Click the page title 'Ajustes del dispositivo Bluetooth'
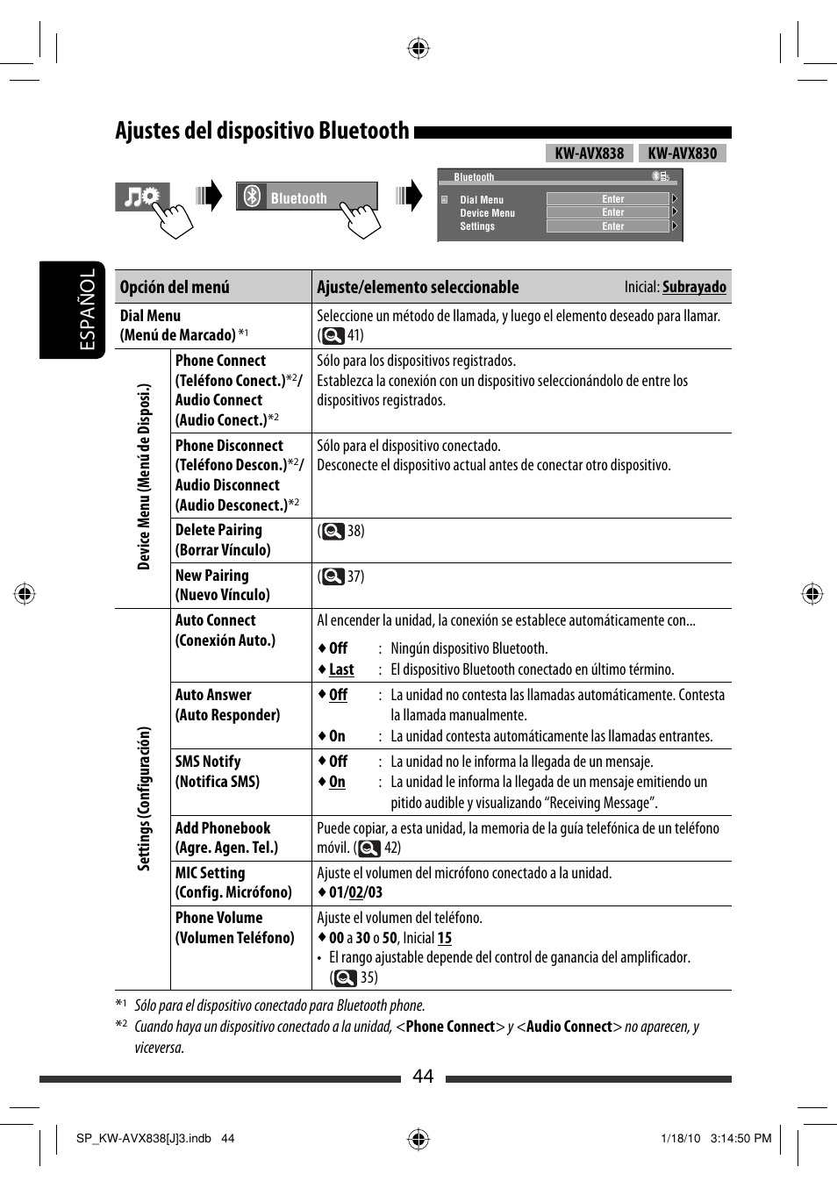pos(261,132)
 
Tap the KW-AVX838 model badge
pos(589,154)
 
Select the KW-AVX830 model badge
pos(682,154)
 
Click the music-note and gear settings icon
pos(141,197)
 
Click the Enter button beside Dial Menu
pos(612,199)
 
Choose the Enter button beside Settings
pos(612,226)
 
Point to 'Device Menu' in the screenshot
pos(487,213)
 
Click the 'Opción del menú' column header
pos(175,287)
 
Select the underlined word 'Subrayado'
pos(694,287)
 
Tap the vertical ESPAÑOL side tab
pos(87,310)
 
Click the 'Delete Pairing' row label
pos(218,530)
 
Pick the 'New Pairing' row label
pos(212,576)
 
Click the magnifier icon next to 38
pos(333,531)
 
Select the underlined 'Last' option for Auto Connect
pos(341,669)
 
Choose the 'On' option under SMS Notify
pos(337,782)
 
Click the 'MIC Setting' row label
pos(210,873)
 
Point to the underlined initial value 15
pos(445,938)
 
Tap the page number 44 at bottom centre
pos(423,1077)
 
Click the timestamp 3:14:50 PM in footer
pos(740,1138)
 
